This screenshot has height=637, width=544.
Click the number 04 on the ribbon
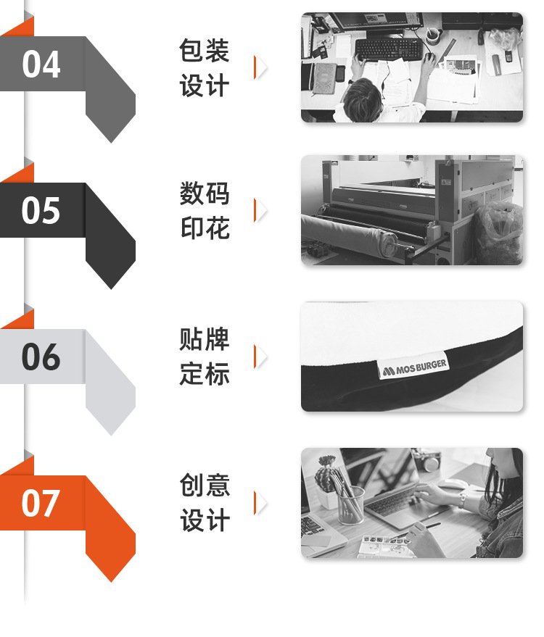(41, 64)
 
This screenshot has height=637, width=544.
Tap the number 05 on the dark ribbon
(41, 210)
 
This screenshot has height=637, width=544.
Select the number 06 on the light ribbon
(41, 357)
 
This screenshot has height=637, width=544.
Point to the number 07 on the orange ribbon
(41, 503)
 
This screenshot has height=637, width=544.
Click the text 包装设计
(205, 68)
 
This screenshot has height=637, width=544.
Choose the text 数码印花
(205, 211)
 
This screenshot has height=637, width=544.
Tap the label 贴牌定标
(205, 357)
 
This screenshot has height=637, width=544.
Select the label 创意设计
(205, 503)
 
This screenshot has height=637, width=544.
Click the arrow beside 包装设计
(260, 67)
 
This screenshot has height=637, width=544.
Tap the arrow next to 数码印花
(260, 210)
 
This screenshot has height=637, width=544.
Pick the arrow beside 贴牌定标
(260, 357)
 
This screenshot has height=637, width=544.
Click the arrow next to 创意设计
(260, 503)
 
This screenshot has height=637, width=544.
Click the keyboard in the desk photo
(388, 49)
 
